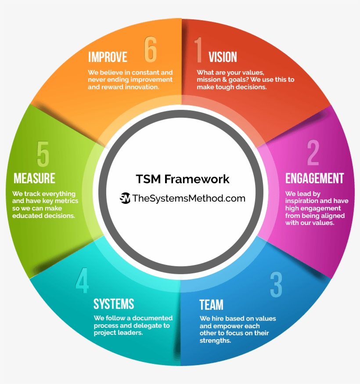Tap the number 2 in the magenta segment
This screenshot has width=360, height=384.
(x=313, y=152)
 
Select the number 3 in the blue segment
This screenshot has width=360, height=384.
(x=276, y=285)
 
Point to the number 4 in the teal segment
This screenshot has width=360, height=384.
(x=82, y=280)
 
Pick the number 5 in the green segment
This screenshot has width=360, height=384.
(x=43, y=154)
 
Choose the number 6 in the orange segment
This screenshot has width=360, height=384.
(x=150, y=49)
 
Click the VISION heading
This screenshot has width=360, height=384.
(x=223, y=57)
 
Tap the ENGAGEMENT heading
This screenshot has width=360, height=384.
(x=314, y=178)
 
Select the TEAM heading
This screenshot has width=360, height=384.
(x=211, y=304)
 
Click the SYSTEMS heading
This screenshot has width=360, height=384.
(x=114, y=304)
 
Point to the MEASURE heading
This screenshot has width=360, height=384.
(x=34, y=178)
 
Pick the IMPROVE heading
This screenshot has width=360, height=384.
(x=108, y=57)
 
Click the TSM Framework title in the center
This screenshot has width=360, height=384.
(x=183, y=179)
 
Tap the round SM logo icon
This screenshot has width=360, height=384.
(x=125, y=198)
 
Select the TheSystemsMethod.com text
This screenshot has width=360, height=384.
(x=189, y=198)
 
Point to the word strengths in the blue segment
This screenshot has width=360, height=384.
(x=215, y=341)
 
